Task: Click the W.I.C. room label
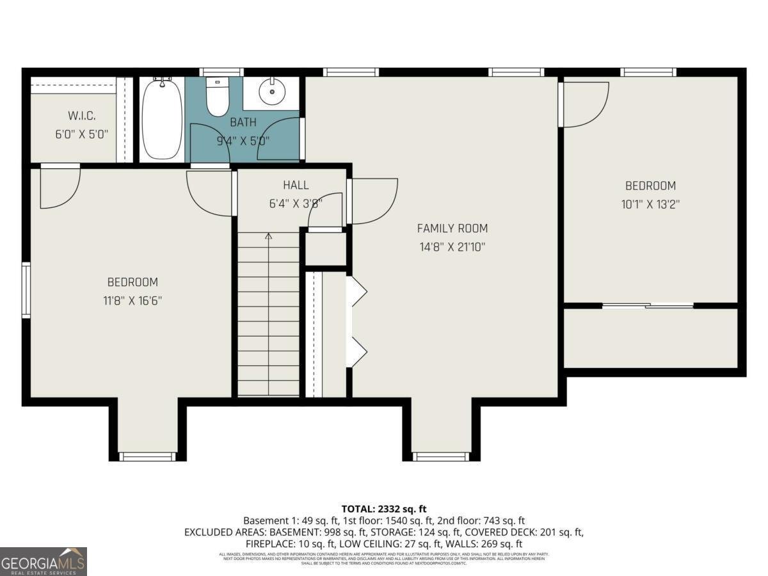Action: [x=81, y=116]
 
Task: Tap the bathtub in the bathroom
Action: [x=162, y=119]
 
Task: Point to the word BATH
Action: [x=243, y=122]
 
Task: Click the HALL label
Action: [x=296, y=185]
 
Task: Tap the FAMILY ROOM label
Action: [x=452, y=228]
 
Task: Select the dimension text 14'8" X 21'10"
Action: [x=452, y=247]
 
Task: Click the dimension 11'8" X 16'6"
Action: [x=132, y=301]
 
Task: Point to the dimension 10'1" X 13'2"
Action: [x=650, y=205]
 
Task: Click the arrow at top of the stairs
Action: [x=268, y=237]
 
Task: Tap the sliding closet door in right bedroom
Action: [x=648, y=306]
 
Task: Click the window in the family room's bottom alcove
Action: [x=441, y=456]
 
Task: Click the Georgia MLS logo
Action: [x=44, y=561]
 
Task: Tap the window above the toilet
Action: [x=221, y=72]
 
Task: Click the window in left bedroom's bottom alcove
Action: [x=148, y=456]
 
